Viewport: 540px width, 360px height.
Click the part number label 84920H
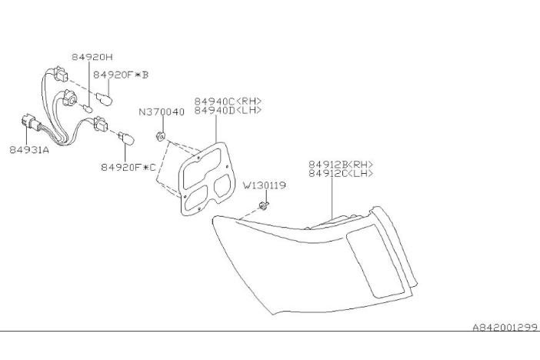pyautogui.click(x=92, y=57)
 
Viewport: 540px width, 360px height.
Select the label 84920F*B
pyautogui.click(x=121, y=75)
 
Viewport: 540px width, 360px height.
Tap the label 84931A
pyautogui.click(x=29, y=150)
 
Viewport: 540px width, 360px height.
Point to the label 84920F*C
pyautogui.click(x=128, y=168)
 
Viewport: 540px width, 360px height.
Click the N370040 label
pyautogui.click(x=162, y=112)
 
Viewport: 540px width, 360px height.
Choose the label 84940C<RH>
pyautogui.click(x=228, y=102)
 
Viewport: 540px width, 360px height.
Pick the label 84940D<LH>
pyautogui.click(x=228, y=110)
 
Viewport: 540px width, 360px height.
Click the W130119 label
pyautogui.click(x=265, y=185)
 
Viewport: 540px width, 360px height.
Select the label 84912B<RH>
pyautogui.click(x=341, y=165)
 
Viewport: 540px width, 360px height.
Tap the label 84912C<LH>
pyautogui.click(x=341, y=173)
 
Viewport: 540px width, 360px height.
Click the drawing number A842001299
pyautogui.click(x=505, y=327)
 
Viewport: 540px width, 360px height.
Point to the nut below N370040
pyautogui.click(x=160, y=136)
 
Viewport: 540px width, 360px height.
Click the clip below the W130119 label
pyautogui.click(x=263, y=206)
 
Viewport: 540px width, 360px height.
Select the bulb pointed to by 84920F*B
pyautogui.click(x=104, y=99)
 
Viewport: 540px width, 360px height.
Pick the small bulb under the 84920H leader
pyautogui.click(x=88, y=109)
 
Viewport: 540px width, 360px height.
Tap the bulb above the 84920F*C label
pyautogui.click(x=127, y=138)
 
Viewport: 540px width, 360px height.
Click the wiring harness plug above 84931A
pyautogui.click(x=30, y=122)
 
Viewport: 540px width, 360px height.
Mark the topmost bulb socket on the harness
pyautogui.click(x=61, y=74)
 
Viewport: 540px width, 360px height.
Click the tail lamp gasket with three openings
pyautogui.click(x=207, y=178)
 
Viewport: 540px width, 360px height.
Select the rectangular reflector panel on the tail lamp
pyautogui.click(x=375, y=261)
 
